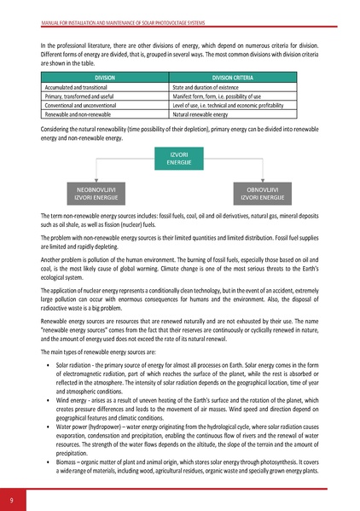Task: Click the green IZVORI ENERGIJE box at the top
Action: (180, 158)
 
